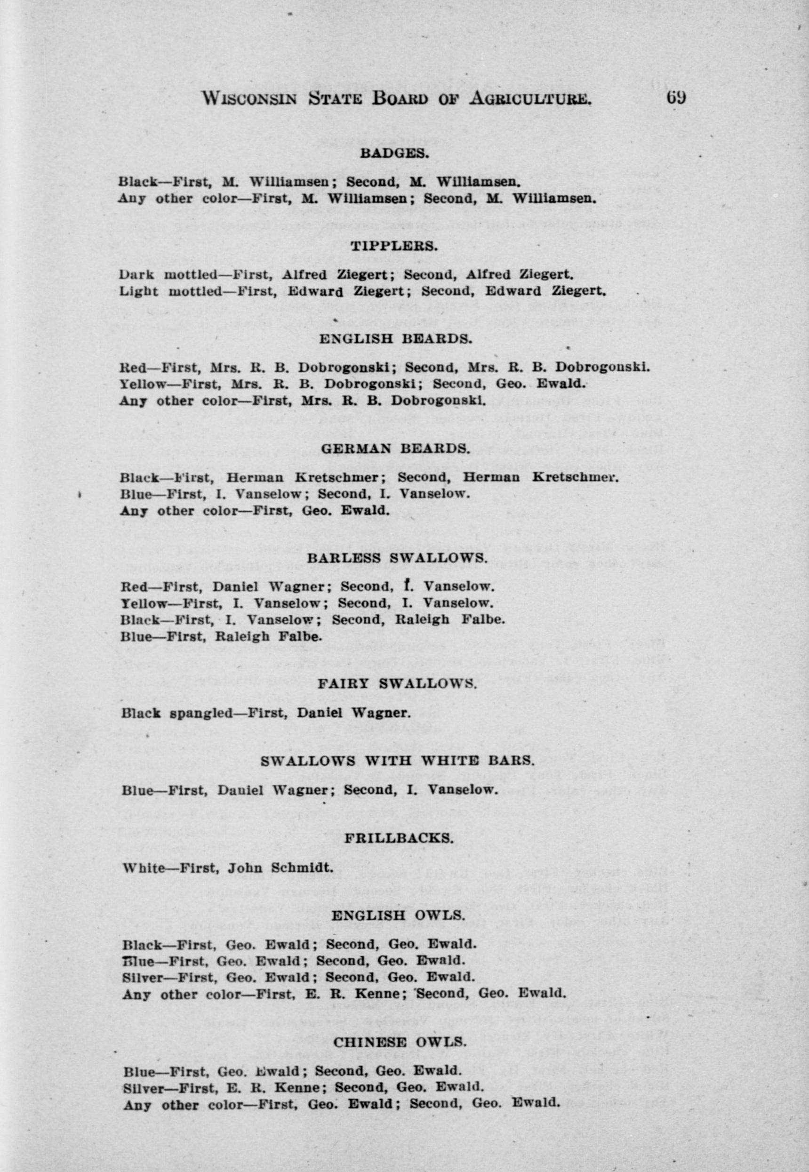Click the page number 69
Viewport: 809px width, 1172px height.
pyautogui.click(x=676, y=97)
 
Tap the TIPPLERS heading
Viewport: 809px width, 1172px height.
pyautogui.click(x=394, y=246)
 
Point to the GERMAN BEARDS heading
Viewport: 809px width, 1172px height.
pyautogui.click(x=395, y=449)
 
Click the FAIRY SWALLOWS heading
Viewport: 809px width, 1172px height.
pyautogui.click(x=397, y=684)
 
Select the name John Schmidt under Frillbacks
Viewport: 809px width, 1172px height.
pyautogui.click(x=280, y=867)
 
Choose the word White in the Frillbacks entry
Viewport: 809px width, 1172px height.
pyautogui.click(x=144, y=867)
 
